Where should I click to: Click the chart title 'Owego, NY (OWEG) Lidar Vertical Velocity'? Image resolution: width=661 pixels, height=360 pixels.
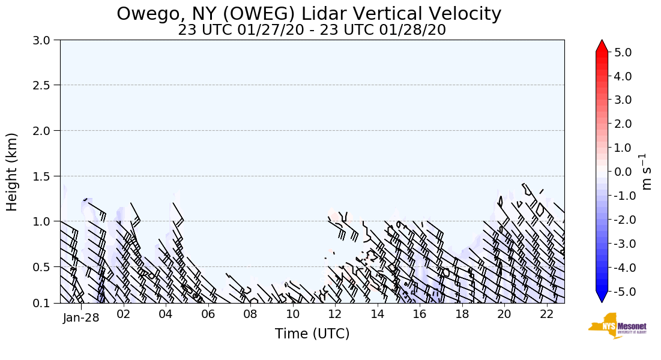[x=309, y=14]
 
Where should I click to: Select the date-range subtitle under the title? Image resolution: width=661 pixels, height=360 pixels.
[x=312, y=30]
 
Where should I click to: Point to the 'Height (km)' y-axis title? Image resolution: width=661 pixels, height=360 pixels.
[x=12, y=172]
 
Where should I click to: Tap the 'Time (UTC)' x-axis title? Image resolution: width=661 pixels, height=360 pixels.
[x=312, y=334]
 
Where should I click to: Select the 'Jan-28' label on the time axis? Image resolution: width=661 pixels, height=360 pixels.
[x=81, y=317]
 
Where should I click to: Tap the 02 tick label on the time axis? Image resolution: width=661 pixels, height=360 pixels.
[x=123, y=314]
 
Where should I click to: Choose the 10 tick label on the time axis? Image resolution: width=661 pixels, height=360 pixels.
[x=292, y=314]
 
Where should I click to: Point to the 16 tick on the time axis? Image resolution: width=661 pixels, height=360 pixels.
[x=420, y=314]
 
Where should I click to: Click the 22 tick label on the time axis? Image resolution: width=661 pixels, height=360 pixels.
[x=546, y=314]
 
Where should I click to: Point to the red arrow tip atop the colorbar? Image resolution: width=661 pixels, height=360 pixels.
[x=602, y=45]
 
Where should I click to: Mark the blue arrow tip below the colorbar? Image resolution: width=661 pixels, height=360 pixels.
[x=602, y=298]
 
